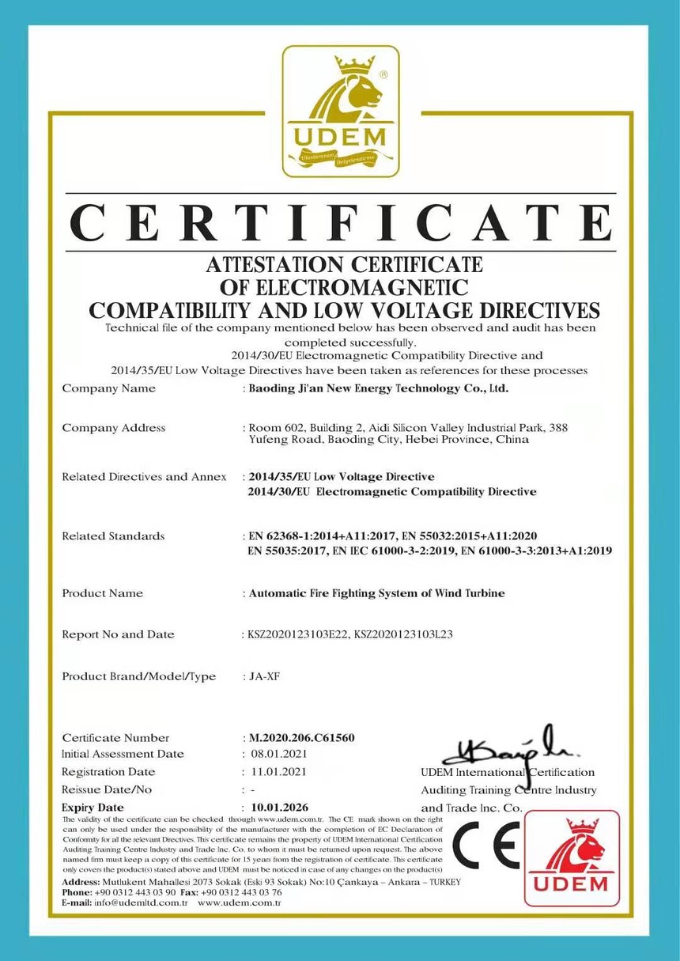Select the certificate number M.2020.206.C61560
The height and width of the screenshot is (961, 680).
[x=301, y=738]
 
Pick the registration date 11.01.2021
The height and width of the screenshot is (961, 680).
[x=278, y=772]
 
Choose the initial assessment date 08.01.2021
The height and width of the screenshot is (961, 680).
[x=278, y=755]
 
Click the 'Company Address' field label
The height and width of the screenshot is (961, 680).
[x=114, y=428]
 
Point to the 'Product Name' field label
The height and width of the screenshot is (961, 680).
[x=103, y=593]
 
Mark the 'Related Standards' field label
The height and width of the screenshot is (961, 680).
[x=113, y=536]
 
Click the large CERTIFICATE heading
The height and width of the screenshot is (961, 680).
[x=341, y=222]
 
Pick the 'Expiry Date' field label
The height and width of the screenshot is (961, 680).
[x=93, y=808]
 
